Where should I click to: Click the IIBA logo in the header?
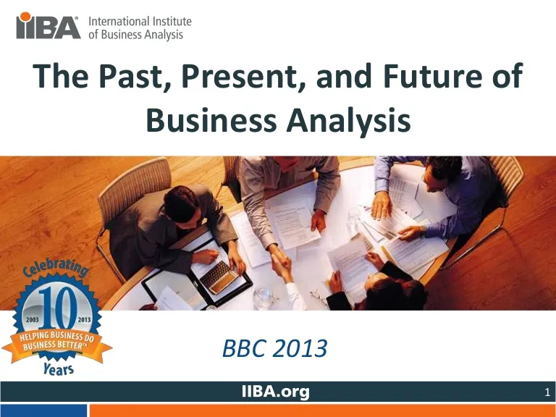[49, 25]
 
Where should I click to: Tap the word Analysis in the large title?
[348, 121]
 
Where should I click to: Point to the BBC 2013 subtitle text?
[275, 348]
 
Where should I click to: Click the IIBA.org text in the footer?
[276, 392]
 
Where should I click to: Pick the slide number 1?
[547, 392]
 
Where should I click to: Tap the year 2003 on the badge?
[33, 319]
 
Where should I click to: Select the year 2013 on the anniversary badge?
[85, 319]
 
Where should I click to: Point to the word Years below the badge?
[59, 368]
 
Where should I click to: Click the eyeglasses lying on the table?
[319, 298]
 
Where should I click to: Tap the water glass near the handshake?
[263, 297]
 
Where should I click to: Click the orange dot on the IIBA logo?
[25, 17]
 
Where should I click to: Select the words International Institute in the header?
[140, 21]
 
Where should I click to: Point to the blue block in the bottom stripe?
[43, 410]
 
